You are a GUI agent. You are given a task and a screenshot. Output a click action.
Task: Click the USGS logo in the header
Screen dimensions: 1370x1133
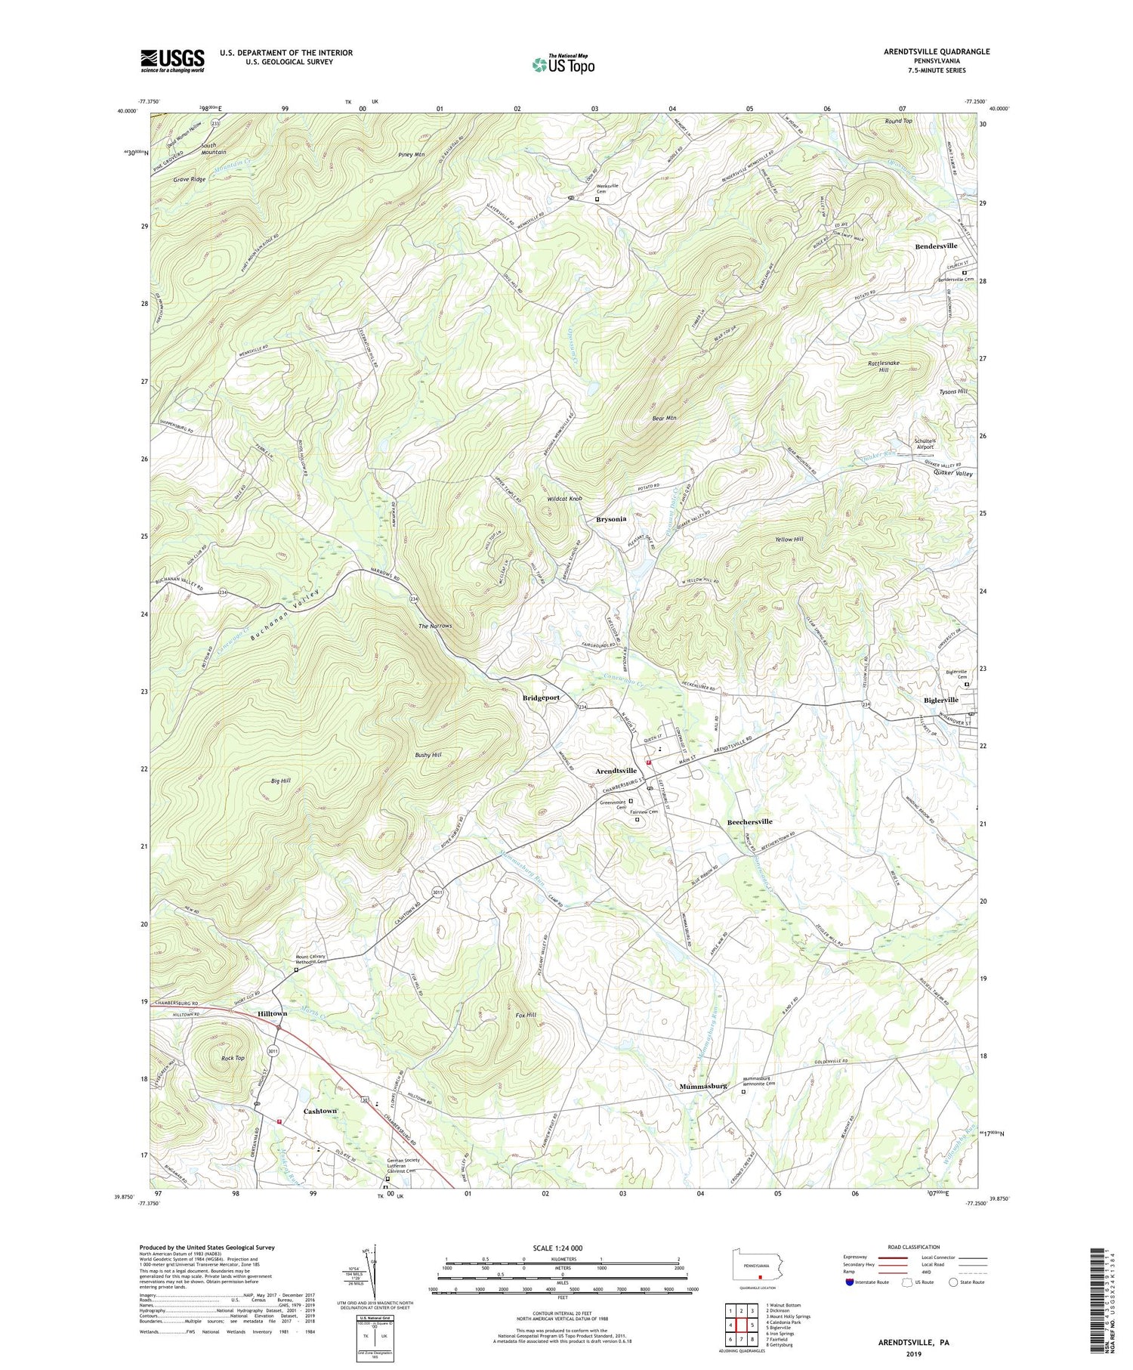[172, 60]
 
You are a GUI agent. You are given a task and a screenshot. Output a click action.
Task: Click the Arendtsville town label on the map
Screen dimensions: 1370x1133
[616, 771]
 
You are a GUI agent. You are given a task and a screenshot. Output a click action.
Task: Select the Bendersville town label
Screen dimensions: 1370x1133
[936, 246]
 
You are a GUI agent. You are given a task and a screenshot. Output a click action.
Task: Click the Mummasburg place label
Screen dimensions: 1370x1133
[702, 1086]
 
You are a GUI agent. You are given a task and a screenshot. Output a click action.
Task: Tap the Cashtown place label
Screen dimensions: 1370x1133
[320, 1111]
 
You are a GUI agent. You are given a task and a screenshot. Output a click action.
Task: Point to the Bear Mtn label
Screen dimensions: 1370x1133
[664, 417]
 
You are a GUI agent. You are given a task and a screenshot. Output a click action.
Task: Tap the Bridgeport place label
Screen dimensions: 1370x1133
[542, 697]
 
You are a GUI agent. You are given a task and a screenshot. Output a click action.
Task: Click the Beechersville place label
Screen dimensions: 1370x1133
[749, 821]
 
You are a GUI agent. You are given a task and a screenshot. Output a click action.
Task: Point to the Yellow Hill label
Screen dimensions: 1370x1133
[789, 540]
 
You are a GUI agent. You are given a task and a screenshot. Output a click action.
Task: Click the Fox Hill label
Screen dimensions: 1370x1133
[526, 1015]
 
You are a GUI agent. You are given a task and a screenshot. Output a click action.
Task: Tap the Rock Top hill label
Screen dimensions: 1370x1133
[233, 1058]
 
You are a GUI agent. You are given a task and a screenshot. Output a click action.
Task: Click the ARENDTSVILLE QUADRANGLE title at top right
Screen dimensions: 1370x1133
[926, 51]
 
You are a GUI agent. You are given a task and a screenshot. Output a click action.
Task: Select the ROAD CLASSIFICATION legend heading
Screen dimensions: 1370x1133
[914, 1247]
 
